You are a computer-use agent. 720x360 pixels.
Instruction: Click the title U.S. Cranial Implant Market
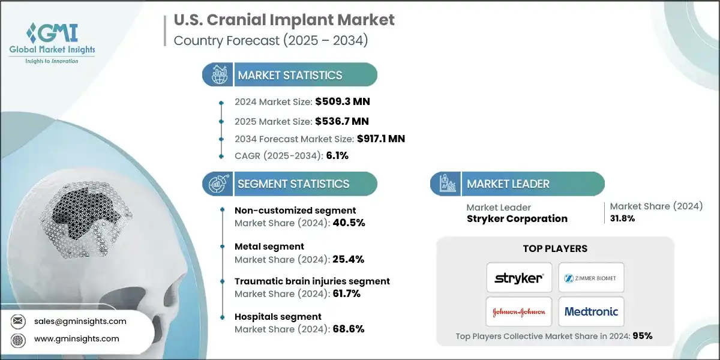coord(284,20)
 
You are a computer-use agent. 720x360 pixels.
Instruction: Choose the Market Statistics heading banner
coord(290,75)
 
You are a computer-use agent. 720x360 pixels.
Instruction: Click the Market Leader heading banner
coord(517,184)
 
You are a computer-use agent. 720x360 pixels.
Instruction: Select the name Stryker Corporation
coord(517,218)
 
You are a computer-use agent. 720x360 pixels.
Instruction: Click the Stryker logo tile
coord(519,278)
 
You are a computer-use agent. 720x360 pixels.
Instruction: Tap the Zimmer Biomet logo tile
coord(591,278)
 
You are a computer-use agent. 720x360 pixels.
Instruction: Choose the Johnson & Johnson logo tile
coord(519,311)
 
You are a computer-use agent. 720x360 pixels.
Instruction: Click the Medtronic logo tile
coord(591,311)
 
